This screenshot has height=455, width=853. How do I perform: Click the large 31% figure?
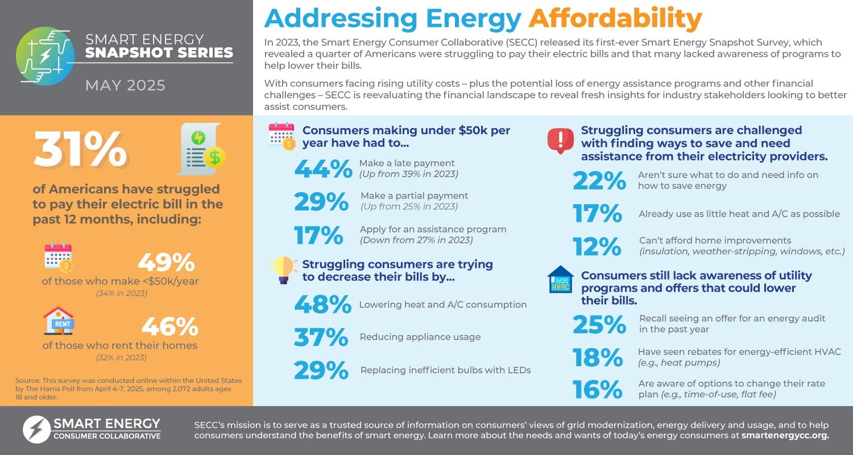[81, 150]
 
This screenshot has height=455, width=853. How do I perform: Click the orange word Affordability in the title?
[615, 19]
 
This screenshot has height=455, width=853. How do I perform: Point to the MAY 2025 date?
[125, 85]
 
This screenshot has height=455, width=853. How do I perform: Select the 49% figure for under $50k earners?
[166, 262]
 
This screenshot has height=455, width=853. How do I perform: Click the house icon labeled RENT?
[59, 321]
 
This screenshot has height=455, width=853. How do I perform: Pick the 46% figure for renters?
[169, 327]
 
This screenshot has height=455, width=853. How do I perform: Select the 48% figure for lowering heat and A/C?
[322, 304]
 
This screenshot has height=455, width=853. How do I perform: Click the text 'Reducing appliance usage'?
[420, 337]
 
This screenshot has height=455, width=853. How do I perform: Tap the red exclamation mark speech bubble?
[560, 140]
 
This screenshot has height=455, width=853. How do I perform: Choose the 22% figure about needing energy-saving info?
[599, 181]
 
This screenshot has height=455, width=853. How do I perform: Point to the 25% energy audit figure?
[599, 324]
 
